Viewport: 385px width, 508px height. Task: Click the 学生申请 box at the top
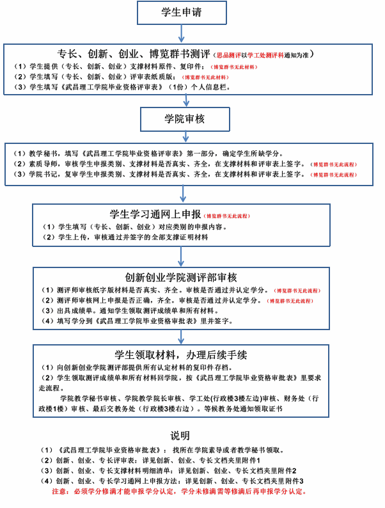click(x=183, y=12)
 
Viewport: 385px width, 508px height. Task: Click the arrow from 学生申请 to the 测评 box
click(x=183, y=33)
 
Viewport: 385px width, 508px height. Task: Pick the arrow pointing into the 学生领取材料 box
click(x=183, y=335)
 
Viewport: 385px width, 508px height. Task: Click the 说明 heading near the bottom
click(x=180, y=436)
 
